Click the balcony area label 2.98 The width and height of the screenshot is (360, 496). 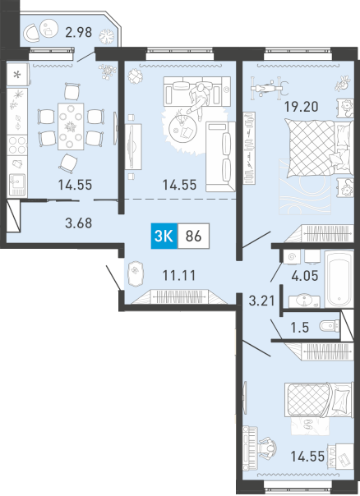pyautogui.click(x=79, y=32)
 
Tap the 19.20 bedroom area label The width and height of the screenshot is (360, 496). pyautogui.click(x=301, y=107)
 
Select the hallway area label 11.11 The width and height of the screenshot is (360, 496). pyautogui.click(x=179, y=276)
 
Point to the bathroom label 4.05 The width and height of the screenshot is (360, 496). pyautogui.click(x=305, y=276)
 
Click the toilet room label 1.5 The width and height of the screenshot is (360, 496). pyautogui.click(x=300, y=328)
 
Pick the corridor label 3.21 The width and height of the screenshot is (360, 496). pyautogui.click(x=261, y=301)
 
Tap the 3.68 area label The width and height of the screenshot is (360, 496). pyautogui.click(x=79, y=223)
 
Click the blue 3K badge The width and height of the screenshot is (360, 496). pyautogui.click(x=164, y=236)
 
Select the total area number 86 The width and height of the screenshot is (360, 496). pyautogui.click(x=193, y=237)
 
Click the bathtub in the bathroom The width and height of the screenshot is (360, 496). pyautogui.click(x=339, y=278)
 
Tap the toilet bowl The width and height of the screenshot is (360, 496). pyautogui.click(x=329, y=326)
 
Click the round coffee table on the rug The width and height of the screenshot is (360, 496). pyautogui.click(x=183, y=128)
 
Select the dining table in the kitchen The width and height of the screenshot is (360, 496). pyautogui.click(x=71, y=126)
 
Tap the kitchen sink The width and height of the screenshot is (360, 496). pyautogui.click(x=17, y=184)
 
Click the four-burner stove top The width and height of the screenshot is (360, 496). pyautogui.click(x=17, y=145)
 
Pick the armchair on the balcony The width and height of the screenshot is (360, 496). pyautogui.click(x=32, y=33)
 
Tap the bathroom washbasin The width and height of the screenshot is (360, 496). pyautogui.click(x=305, y=301)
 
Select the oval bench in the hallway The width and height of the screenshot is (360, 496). pyautogui.click(x=136, y=274)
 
